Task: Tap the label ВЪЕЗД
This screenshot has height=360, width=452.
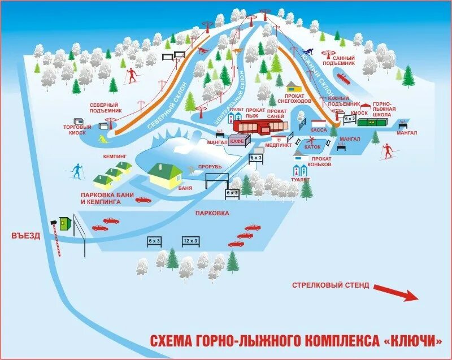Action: (x=25, y=236)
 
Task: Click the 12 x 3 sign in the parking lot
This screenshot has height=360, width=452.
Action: (x=190, y=241)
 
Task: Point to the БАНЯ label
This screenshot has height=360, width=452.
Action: (x=184, y=188)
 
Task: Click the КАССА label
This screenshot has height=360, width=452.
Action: (x=319, y=129)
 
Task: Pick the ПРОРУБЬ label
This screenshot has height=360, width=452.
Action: (x=210, y=167)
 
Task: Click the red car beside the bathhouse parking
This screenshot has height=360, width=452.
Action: (x=143, y=199)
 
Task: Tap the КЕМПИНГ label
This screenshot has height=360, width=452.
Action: (x=115, y=155)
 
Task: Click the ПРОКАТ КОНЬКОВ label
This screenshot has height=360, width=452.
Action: (x=320, y=162)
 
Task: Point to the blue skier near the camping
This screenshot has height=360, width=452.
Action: (x=76, y=170)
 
